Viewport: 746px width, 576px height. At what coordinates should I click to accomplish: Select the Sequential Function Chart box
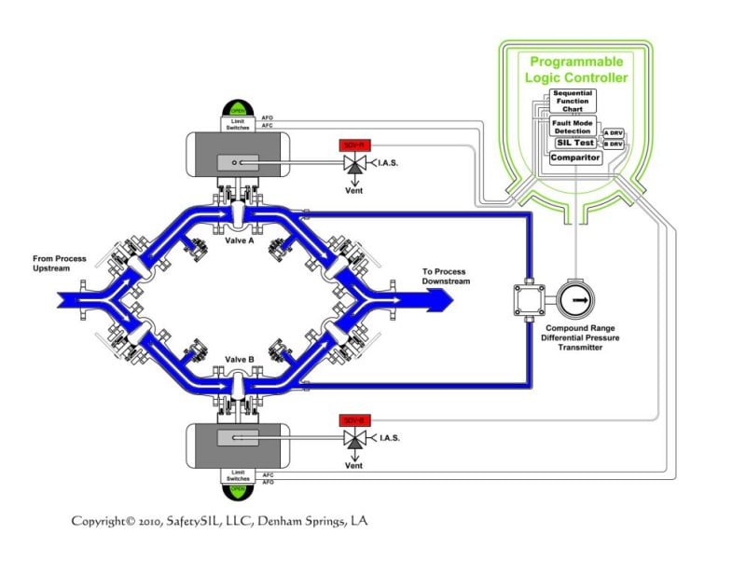[x=573, y=101]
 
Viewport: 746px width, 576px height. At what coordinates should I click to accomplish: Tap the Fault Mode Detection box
[x=572, y=126]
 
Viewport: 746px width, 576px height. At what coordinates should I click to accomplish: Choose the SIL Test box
[x=575, y=143]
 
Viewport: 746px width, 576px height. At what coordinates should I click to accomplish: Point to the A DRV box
[x=613, y=133]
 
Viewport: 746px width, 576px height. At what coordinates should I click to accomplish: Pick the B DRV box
[x=613, y=144]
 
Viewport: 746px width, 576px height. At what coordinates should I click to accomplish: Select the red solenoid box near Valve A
[x=352, y=146]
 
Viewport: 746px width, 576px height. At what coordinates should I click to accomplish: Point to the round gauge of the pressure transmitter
[x=577, y=301]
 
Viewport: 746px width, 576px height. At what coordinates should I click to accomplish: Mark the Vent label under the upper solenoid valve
[x=353, y=190]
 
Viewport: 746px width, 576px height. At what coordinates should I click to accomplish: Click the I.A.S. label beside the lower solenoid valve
[x=390, y=438]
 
